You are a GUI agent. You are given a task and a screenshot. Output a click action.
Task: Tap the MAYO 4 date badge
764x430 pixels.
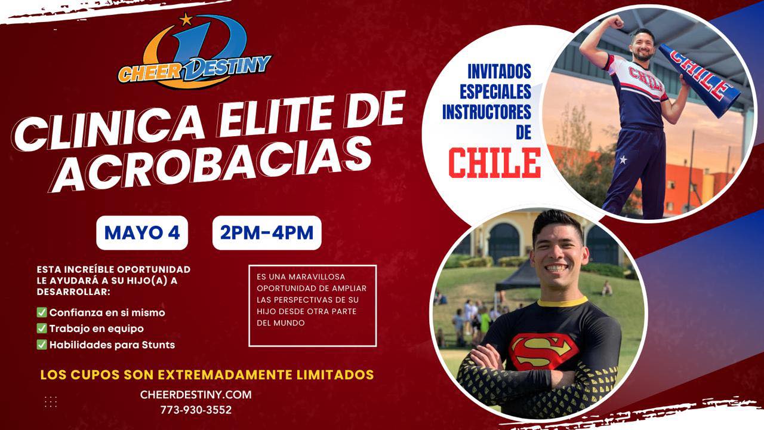[x=142, y=233]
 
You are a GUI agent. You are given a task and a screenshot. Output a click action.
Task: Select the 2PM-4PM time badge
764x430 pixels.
[x=267, y=233]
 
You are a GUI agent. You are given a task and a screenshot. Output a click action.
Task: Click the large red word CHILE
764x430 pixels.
[x=495, y=163]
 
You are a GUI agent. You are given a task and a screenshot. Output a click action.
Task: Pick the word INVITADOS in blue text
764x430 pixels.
[x=500, y=71]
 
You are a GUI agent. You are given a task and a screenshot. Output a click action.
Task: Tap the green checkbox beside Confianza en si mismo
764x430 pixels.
[x=42, y=312]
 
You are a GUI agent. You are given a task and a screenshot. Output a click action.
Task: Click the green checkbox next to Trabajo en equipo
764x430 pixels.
[x=42, y=328]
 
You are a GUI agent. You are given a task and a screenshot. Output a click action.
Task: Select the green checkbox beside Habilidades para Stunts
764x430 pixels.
[x=42, y=345]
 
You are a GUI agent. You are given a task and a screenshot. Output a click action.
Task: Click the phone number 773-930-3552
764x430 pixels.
[x=196, y=410]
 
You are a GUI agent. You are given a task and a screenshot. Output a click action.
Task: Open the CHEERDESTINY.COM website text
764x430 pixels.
[x=196, y=395]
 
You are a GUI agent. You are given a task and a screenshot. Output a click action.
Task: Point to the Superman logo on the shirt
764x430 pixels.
[x=543, y=351]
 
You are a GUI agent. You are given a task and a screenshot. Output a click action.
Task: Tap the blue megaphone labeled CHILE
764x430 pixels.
[x=699, y=80]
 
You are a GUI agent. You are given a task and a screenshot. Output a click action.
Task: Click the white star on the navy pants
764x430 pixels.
[x=623, y=159]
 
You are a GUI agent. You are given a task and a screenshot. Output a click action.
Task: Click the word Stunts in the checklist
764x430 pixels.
[x=159, y=345]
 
